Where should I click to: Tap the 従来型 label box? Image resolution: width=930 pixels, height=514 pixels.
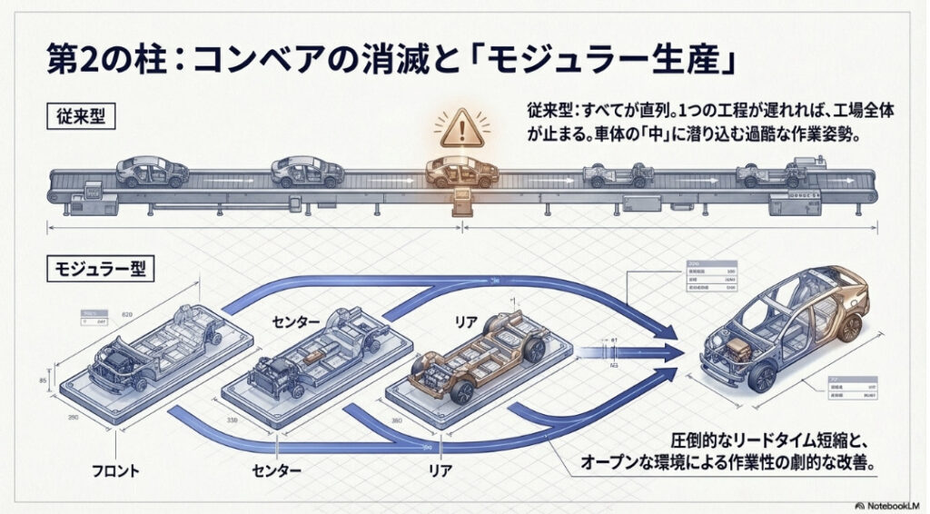(x=81, y=117)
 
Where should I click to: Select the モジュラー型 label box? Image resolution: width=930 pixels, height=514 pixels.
(x=97, y=268)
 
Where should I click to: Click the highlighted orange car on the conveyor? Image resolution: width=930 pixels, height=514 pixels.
(x=462, y=169)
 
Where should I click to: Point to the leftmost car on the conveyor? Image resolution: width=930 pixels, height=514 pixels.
(x=152, y=170)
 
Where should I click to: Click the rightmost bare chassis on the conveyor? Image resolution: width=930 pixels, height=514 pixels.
(x=772, y=173)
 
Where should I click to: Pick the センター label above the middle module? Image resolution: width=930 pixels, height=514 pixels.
(x=300, y=321)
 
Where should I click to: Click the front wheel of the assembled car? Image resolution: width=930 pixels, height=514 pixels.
(x=762, y=377)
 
